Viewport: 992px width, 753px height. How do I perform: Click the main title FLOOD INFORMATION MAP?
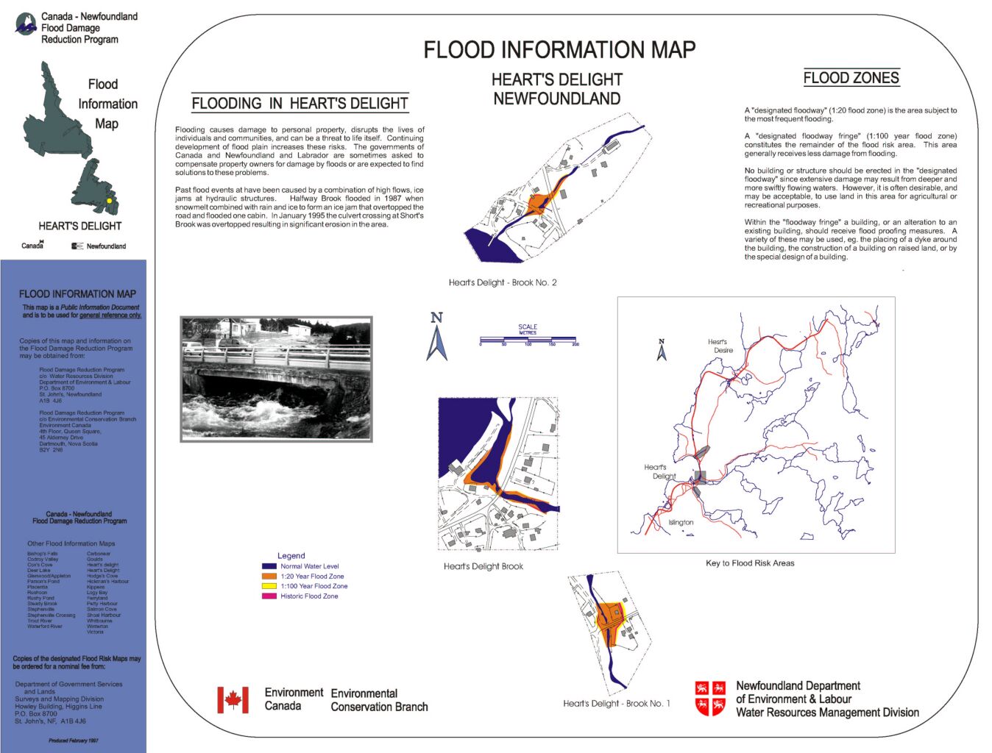click(x=559, y=50)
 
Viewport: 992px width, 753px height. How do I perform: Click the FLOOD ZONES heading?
click(x=851, y=78)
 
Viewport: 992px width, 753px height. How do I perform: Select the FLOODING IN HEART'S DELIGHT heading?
click(x=300, y=104)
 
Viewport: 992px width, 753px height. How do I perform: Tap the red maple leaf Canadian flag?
click(x=233, y=700)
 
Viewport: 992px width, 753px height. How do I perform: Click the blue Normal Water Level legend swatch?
click(x=269, y=566)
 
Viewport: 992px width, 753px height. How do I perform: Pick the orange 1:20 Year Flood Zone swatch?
click(x=269, y=577)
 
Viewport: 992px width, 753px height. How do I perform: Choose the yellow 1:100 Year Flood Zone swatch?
click(x=269, y=586)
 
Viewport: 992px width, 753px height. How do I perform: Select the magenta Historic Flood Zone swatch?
click(x=269, y=596)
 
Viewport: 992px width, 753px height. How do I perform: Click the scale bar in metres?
click(x=528, y=340)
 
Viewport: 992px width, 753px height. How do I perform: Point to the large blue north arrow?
click(x=436, y=338)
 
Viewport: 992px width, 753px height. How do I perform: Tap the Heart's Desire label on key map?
click(x=720, y=346)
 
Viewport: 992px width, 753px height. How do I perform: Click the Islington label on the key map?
click(x=681, y=523)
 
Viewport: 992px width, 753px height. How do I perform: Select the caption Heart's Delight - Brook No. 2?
click(x=503, y=282)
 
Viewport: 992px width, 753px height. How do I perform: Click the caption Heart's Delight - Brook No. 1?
click(x=617, y=704)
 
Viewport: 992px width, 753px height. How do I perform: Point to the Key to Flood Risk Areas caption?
click(x=750, y=563)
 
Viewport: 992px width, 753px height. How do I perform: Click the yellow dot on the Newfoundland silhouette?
click(x=109, y=200)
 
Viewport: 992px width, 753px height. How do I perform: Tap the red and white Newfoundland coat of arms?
click(x=710, y=699)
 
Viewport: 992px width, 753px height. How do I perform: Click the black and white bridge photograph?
click(x=277, y=379)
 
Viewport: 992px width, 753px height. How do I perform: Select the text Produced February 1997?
click(x=73, y=740)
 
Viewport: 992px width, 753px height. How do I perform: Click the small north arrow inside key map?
click(x=662, y=350)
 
